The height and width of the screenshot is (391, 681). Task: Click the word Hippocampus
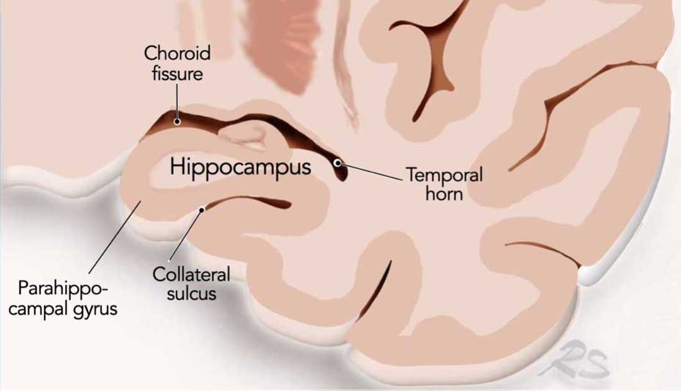[240, 167]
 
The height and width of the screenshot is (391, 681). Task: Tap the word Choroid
[177, 53]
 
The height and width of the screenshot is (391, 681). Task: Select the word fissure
[177, 73]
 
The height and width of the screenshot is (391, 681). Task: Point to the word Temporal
[444, 174]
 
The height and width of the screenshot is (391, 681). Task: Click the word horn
[444, 193]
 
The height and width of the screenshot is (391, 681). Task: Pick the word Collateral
[191, 274]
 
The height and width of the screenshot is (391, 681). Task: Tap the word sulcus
[191, 294]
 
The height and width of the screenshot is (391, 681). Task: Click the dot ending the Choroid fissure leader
[177, 122]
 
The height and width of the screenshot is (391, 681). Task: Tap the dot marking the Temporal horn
[337, 163]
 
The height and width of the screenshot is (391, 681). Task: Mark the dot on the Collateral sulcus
[201, 210]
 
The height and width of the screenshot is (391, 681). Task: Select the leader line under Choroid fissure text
[177, 102]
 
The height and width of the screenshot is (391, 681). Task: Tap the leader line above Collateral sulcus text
[185, 236]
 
